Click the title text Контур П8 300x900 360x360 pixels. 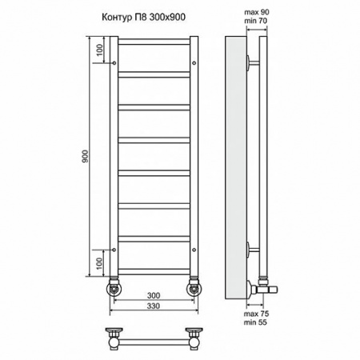click(x=143, y=18)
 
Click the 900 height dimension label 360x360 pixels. click(x=85, y=157)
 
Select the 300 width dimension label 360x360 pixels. click(x=154, y=295)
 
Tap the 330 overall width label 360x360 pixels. click(x=154, y=306)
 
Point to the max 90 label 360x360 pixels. click(x=257, y=12)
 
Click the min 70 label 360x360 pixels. click(x=256, y=21)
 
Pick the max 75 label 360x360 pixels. click(x=256, y=314)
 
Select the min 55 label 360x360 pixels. click(x=255, y=322)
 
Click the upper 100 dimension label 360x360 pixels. click(x=99, y=50)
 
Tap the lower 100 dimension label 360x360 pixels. click(x=99, y=263)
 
